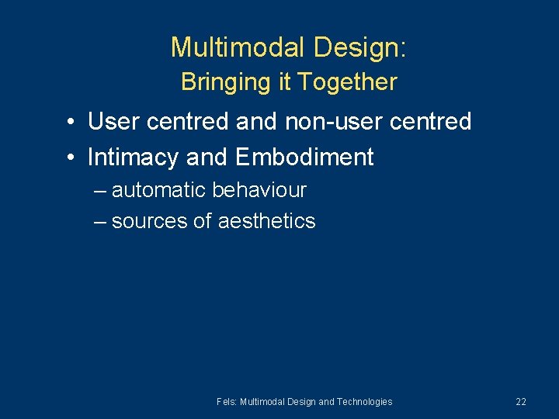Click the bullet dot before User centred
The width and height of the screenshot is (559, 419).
click(70, 123)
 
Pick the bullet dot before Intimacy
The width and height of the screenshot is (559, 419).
click(70, 158)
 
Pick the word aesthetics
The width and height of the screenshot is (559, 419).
click(266, 221)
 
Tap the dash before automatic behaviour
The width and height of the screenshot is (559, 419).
click(100, 191)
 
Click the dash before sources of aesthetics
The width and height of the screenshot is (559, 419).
click(100, 222)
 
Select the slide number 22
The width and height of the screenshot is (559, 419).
click(520, 402)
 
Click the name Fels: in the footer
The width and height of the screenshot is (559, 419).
click(227, 402)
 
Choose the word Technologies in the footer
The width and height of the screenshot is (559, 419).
click(365, 402)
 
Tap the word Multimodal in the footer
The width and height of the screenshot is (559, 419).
click(262, 402)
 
